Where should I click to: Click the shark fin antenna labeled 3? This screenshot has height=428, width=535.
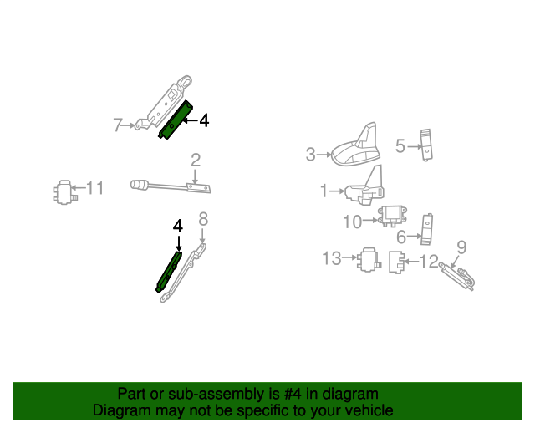tap(358, 146)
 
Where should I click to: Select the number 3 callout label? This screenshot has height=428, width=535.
tap(310, 154)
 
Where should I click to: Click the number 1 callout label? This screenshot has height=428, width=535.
tap(324, 191)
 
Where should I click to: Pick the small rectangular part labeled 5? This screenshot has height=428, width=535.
tap(427, 144)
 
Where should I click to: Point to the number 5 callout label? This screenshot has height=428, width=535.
tap(400, 146)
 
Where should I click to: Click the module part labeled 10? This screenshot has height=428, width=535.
tap(393, 217)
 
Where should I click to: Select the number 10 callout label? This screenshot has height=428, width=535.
tap(351, 222)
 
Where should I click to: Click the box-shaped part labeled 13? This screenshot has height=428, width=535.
tap(369, 262)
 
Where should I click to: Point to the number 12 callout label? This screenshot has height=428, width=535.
tap(428, 262)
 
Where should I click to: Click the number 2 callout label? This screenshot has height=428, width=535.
tap(196, 160)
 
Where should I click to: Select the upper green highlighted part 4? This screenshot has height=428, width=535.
tap(177, 120)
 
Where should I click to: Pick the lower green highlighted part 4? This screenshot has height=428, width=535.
tap(167, 270)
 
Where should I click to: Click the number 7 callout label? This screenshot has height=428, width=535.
tap(118, 125)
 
